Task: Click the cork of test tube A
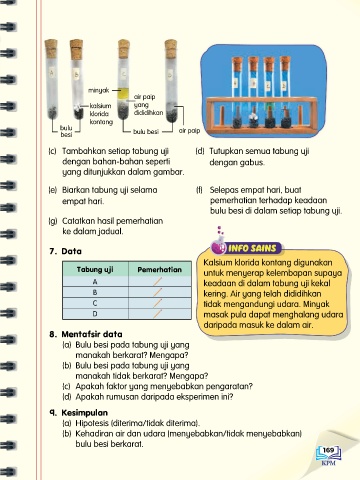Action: coord(51,49)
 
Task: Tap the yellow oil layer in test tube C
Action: coord(123,93)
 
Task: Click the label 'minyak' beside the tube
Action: coord(99,90)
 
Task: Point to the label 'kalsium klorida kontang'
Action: coord(101,114)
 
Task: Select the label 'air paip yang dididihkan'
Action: coord(148,105)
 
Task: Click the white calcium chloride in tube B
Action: coord(77,107)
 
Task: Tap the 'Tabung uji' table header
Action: coord(95,269)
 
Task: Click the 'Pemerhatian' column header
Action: coord(160,269)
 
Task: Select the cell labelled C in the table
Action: coord(95,303)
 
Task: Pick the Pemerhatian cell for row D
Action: coord(160,314)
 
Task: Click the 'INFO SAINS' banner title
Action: coord(252,248)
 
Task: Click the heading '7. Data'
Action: coord(66,251)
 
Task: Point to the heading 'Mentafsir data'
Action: coord(92,334)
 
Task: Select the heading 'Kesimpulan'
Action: coord(85,413)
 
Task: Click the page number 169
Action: coord(328,450)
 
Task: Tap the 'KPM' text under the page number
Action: coord(329,463)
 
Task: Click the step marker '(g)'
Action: coord(53,221)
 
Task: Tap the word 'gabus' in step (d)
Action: coord(253,163)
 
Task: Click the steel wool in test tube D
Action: coord(172,115)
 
